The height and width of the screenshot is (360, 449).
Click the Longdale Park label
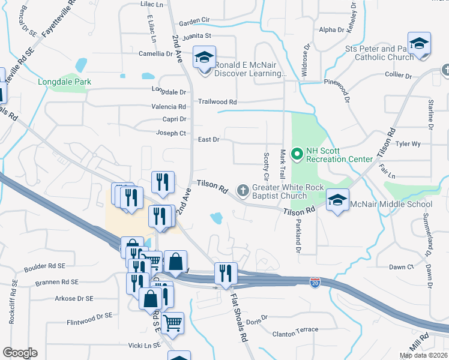coord(62,82)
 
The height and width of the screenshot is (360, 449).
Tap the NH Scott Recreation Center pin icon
coord(296,155)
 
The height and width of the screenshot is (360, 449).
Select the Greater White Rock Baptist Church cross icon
coord(243,191)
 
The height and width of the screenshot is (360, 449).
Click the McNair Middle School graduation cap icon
coord(338,200)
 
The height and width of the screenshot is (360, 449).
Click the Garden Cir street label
coord(194,20)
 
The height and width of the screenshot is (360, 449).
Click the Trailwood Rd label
coord(217,102)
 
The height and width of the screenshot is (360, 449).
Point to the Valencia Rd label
coord(169,107)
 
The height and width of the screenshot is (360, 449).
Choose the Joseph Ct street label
coord(171,133)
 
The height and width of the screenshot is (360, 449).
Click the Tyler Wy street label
coord(408,144)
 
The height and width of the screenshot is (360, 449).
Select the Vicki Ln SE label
coord(144,346)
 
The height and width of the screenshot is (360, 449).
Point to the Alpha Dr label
coord(332,29)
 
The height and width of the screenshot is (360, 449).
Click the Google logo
coord(20,353)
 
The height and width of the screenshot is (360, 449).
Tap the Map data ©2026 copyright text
coord(423,355)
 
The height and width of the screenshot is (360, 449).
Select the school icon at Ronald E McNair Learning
coord(204,59)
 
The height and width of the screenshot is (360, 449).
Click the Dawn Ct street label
coord(402,267)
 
